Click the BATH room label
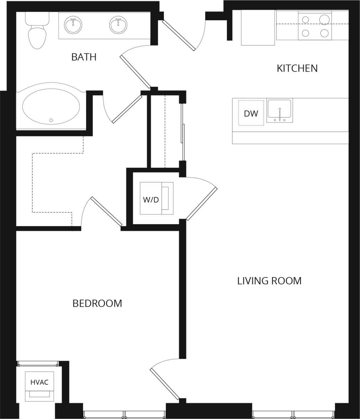84,57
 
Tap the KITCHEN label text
297,68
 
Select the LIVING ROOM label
269,281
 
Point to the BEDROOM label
97,304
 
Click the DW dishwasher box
251,113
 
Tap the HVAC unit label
39,382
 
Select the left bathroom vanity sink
73,25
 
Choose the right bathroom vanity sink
118,25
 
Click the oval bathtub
51,106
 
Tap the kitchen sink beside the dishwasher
280,110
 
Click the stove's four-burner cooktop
315,26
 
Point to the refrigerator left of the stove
258,28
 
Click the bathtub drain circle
51,120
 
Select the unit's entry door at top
179,35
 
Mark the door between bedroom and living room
165,384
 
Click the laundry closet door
202,204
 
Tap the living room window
293,414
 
